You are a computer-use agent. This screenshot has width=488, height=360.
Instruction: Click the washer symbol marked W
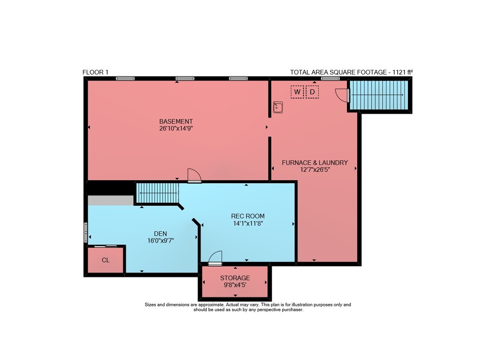click(297, 92)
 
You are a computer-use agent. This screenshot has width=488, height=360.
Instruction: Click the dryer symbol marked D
click(312, 92)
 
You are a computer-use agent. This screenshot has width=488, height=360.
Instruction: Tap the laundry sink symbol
click(278, 107)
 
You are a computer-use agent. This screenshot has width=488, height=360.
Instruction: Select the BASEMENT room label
click(176, 122)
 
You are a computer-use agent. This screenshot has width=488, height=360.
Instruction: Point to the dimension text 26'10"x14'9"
click(176, 128)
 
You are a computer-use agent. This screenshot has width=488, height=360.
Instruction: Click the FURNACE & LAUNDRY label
click(315, 163)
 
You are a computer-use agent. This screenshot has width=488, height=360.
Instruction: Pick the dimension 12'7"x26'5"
click(315, 169)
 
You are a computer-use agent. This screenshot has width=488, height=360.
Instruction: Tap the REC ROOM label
click(248, 216)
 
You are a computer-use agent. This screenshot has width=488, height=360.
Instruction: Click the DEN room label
click(161, 233)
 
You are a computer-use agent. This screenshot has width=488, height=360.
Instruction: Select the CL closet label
click(106, 260)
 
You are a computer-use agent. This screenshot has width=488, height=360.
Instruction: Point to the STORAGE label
click(235, 278)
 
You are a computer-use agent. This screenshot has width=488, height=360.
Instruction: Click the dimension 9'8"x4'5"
click(235, 285)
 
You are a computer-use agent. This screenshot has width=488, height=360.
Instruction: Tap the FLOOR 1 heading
click(95, 72)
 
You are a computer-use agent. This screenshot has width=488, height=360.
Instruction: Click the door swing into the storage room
click(215, 258)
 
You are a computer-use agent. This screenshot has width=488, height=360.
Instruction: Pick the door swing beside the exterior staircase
click(342, 95)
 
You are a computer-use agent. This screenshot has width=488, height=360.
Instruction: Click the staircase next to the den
click(158, 193)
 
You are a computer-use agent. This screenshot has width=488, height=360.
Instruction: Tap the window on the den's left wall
click(86, 233)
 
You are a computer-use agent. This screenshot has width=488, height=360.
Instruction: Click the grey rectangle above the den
click(110, 200)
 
